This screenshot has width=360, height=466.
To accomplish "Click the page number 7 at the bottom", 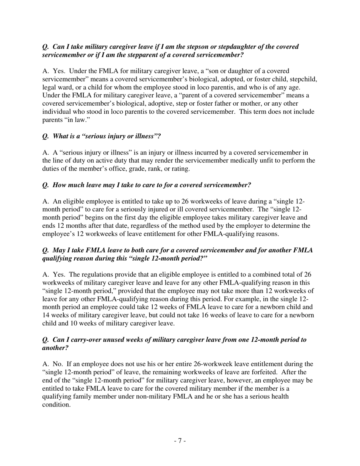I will pos(180,441).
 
